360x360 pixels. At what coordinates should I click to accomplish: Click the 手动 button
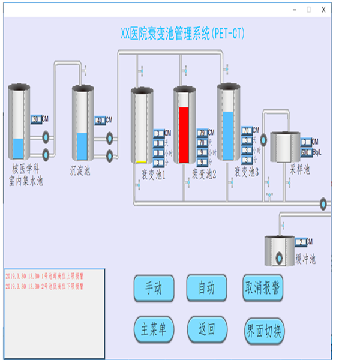[154, 288]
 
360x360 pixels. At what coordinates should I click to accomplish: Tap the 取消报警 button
[263, 288]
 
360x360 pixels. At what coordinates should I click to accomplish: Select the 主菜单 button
[154, 329]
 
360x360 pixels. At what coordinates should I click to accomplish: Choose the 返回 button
[207, 329]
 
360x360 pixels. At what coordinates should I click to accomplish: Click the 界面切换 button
[263, 331]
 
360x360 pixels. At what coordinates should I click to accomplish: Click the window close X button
[323, 10]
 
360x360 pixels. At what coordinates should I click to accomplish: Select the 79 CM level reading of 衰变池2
[202, 133]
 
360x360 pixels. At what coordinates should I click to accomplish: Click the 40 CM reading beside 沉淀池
[100, 120]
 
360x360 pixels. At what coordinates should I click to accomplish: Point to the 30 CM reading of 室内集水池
[36, 120]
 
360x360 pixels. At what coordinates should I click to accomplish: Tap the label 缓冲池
[305, 259]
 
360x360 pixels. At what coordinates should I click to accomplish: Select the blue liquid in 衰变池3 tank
[229, 135]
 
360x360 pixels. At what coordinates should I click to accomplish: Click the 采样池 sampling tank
[284, 148]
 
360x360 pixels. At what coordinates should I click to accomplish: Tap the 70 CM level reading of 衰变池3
[246, 131]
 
